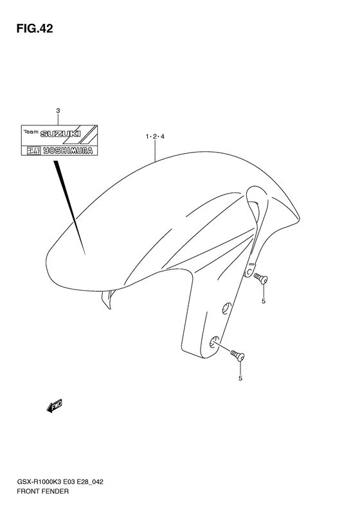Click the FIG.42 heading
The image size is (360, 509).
tap(35, 29)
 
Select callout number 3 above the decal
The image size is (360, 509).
tap(58, 111)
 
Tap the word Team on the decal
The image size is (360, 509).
tap(31, 132)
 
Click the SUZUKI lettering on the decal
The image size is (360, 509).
tap(60, 134)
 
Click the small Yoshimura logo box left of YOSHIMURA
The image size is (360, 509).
tap(33, 151)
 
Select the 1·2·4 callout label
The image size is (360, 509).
tap(155, 136)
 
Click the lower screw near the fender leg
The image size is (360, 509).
tap(237, 355)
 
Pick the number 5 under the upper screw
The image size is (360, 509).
tap(264, 301)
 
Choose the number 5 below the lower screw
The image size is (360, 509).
tap(240, 378)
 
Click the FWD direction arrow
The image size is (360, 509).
tap(54, 406)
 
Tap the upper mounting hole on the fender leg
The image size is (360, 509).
tap(226, 308)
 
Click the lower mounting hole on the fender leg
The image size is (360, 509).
tap(214, 342)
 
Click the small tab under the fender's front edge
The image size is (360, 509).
tap(109, 299)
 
